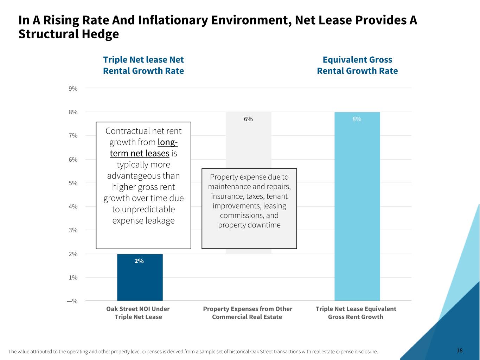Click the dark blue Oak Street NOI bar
click(140, 281)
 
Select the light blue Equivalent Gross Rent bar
click(357, 211)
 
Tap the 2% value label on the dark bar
click(139, 261)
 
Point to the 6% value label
click(248, 119)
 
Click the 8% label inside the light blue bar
click(357, 119)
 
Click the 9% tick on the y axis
click(73, 89)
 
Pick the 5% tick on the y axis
click(73, 183)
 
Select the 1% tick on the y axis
click(73, 278)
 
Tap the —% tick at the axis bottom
click(72, 301)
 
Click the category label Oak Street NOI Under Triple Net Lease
click(138, 313)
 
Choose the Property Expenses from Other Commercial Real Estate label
click(248, 313)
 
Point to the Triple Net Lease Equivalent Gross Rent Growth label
click(356, 313)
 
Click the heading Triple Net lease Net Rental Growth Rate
click(143, 65)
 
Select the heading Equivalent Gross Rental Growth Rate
click(357, 65)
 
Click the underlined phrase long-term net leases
click(143, 148)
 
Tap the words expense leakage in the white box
click(143, 220)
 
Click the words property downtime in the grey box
click(249, 225)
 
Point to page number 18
click(460, 351)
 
